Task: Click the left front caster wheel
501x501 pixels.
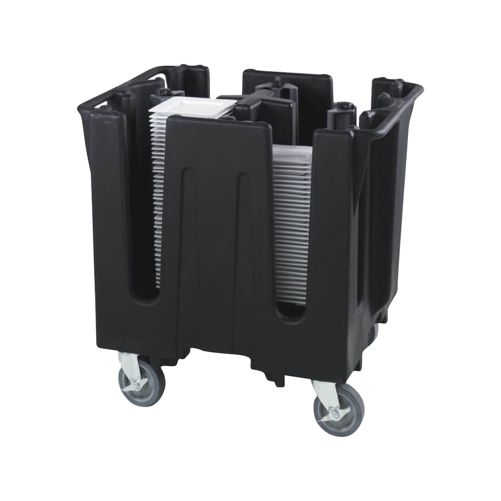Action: (x=141, y=380)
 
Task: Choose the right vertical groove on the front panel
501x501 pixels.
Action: (x=244, y=240)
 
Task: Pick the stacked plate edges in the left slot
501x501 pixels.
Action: (x=157, y=200)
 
